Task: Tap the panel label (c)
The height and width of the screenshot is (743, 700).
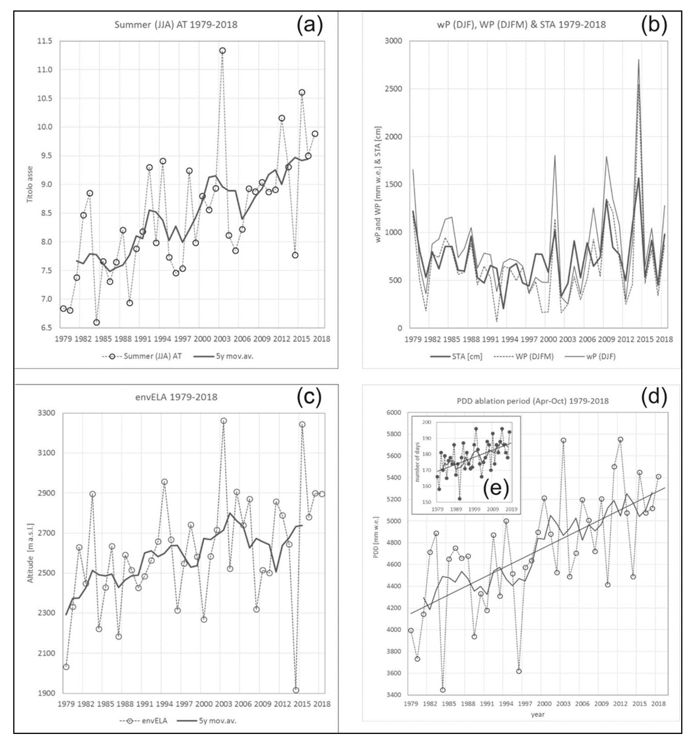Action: coord(310,398)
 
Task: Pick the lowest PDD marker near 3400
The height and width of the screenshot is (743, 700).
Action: coord(443,690)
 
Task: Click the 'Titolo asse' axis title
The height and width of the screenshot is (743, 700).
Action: coord(30,184)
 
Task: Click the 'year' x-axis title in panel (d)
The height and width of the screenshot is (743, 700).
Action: coord(538,714)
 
